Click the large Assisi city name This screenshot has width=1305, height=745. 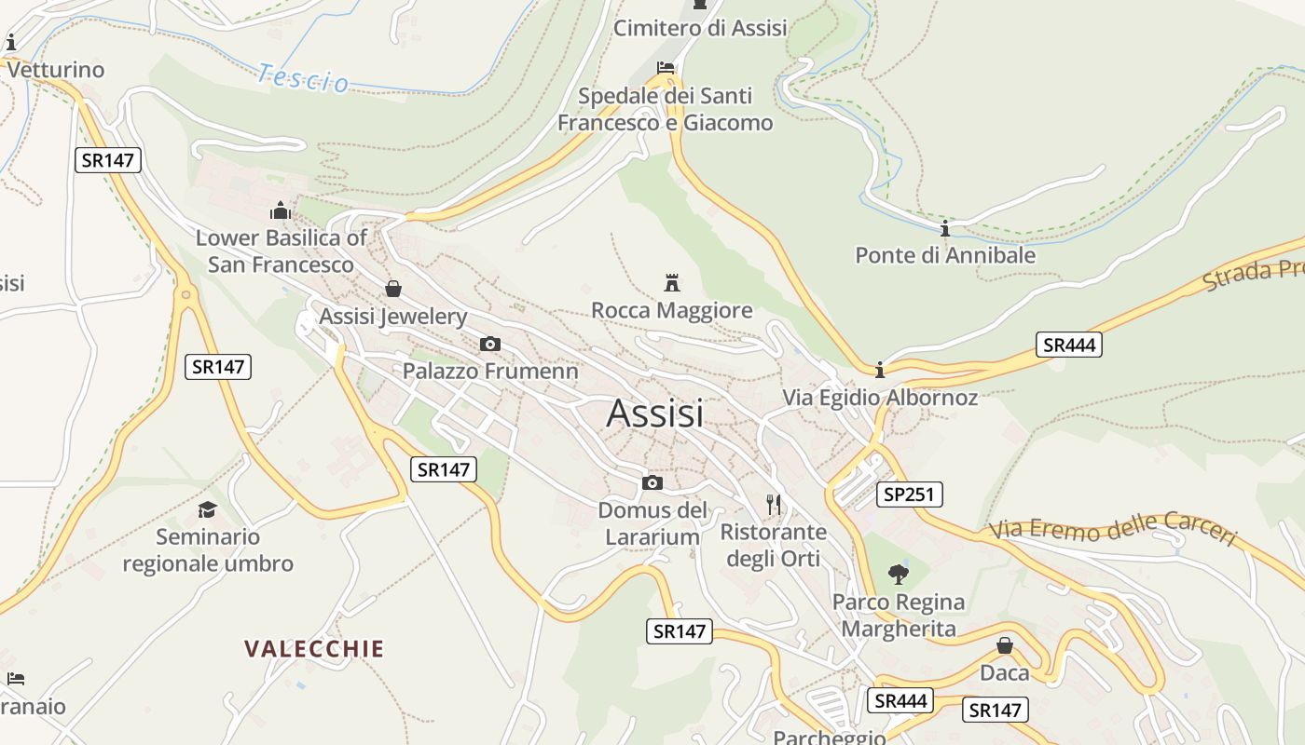[x=654, y=413]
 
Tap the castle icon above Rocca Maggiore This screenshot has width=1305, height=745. [x=671, y=282]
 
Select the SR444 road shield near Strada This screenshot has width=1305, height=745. [x=1068, y=345]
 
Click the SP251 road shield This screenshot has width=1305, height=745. [x=908, y=494]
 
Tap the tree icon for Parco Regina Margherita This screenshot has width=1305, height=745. [x=898, y=574]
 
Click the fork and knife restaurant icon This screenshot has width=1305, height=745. [x=773, y=505]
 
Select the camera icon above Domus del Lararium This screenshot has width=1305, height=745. [x=652, y=482]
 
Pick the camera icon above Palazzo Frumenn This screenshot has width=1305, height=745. [x=489, y=344]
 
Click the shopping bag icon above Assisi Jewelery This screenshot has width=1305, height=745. [x=392, y=289]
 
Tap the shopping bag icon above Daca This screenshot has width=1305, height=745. [x=1004, y=645]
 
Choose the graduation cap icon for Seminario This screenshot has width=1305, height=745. [x=207, y=509]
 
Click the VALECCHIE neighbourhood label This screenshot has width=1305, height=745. [x=314, y=649]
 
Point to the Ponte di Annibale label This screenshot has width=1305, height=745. [x=945, y=255]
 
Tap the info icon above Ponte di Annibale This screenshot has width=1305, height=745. [x=945, y=228]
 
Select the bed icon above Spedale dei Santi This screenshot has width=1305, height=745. [x=666, y=68]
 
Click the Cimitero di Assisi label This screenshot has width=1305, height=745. [x=699, y=28]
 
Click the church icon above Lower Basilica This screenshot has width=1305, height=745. [x=280, y=210]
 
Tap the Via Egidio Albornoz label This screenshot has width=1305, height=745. [x=879, y=398]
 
